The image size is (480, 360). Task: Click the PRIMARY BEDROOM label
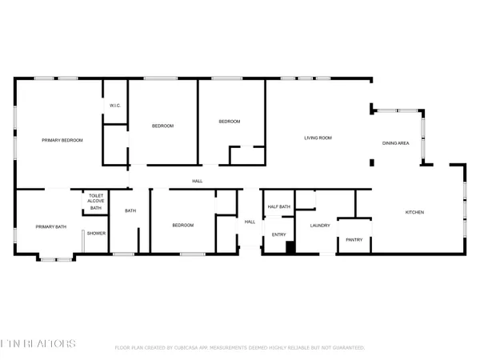coord(62,140)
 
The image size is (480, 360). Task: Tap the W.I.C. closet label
coord(114,106)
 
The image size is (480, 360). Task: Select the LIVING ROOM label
coord(318,138)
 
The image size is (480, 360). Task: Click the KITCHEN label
coord(414,212)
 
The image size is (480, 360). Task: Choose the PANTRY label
coord(354,239)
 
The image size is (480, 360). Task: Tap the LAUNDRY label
coord(320,226)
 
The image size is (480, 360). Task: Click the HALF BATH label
coord(278,207)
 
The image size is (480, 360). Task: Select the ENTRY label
coord(278,234)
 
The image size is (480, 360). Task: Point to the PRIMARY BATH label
coord(51,226)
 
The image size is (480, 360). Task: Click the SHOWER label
coord(96,233)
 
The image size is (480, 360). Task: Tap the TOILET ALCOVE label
coord(96,198)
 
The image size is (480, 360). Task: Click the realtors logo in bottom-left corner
coord(38,344)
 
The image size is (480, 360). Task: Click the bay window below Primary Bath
coord(54,258)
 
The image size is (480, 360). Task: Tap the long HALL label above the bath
coord(197,181)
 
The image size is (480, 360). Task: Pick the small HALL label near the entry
coord(250,222)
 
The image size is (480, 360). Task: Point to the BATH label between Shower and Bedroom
coord(130,211)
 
